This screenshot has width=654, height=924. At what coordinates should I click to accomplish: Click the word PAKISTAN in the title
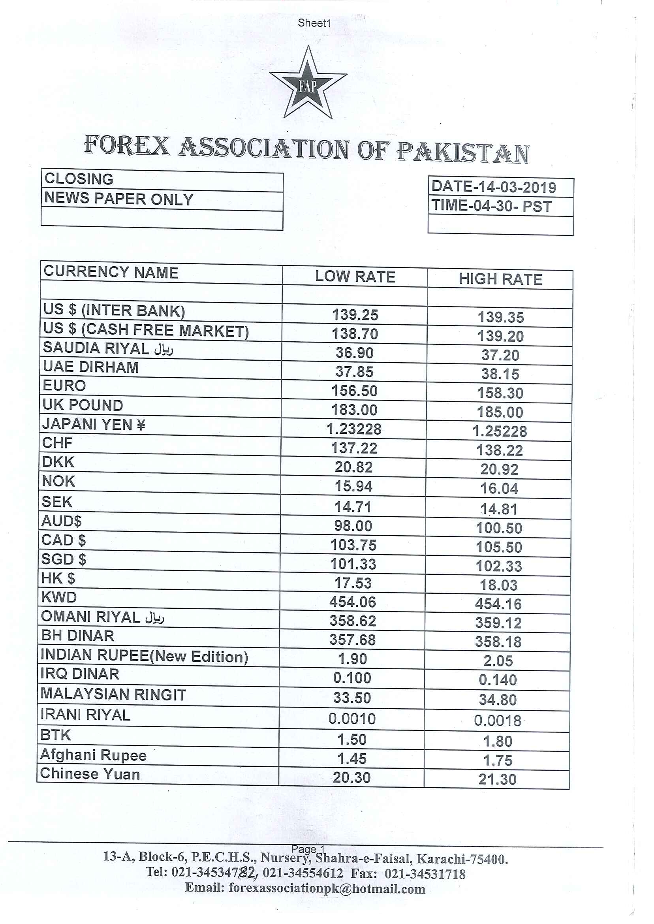pos(463,152)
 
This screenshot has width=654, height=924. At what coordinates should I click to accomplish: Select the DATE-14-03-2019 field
pos(494,187)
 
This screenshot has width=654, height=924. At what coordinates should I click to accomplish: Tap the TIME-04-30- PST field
pos(491,206)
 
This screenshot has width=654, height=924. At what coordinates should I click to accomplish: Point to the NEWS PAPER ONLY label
pos(119,199)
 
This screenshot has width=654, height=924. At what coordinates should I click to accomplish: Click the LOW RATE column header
pos(355,277)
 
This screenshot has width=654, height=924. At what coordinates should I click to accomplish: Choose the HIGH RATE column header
pos(500,279)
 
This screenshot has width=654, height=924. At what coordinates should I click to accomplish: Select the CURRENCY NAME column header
pos(111,273)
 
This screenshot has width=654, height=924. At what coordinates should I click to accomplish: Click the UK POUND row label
pos(83,405)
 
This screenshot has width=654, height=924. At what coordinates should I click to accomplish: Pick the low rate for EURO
pos(354,391)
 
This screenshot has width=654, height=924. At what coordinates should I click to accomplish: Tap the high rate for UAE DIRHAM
pos(500,374)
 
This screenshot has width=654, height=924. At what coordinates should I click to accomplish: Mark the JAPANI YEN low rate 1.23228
pos(354,429)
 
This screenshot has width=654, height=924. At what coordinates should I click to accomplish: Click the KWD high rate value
pos(498,604)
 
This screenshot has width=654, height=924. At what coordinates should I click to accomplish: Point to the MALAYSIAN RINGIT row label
pos(113,694)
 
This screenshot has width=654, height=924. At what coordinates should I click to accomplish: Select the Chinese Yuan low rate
pos(351,777)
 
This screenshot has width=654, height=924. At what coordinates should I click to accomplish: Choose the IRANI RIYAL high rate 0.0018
pos(498,721)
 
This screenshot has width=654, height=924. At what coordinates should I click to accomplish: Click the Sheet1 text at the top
pos(314,23)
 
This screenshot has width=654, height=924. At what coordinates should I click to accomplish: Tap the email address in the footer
pos(327,888)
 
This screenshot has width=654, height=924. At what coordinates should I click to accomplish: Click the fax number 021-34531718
pos(425,874)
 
